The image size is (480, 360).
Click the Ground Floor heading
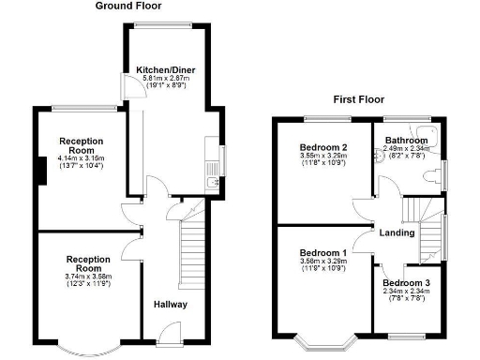[x=127, y=6]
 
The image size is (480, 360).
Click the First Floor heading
[x=359, y=98]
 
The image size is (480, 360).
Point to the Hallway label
[x=171, y=305]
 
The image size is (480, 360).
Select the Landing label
[x=397, y=232]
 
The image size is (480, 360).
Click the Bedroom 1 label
[x=323, y=253]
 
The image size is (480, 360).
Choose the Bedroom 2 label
[x=323, y=148]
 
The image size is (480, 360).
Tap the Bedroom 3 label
[x=407, y=283]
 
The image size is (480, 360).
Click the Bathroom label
[x=406, y=142]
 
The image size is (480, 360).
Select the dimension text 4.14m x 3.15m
[x=81, y=159]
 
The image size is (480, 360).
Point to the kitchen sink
[x=215, y=172]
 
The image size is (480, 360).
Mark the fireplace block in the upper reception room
[x=42, y=171]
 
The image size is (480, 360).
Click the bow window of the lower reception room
[x=90, y=349]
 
